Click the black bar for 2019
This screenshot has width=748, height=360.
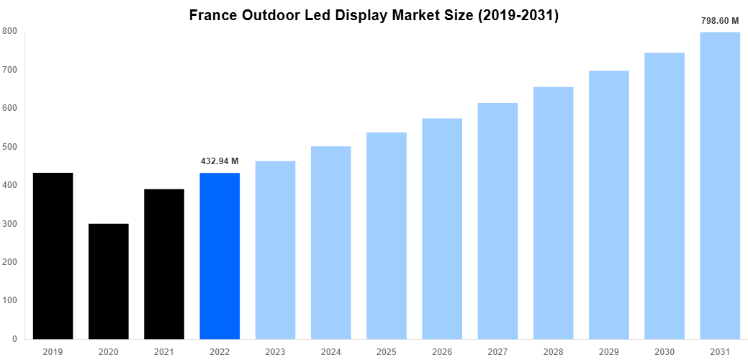(53, 256)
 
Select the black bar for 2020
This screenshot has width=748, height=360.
(108, 281)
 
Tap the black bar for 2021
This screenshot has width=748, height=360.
(163, 264)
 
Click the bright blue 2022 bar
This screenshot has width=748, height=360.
(220, 256)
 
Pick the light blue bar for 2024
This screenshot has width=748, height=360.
(330, 242)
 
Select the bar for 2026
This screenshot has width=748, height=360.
(441, 228)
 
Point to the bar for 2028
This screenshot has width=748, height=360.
(553, 212)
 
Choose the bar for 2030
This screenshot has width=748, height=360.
(664, 195)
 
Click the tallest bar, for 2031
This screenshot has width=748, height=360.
(719, 185)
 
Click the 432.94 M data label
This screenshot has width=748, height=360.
(220, 161)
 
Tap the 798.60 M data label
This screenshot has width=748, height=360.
(720, 21)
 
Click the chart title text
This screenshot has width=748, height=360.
(374, 15)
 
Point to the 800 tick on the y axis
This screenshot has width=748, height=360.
(10, 31)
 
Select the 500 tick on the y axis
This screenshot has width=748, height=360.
(10, 147)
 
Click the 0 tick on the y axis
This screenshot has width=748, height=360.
(14, 339)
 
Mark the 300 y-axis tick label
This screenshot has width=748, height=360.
(10, 224)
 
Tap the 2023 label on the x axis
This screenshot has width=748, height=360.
(275, 351)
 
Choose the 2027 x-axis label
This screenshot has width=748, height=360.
(497, 351)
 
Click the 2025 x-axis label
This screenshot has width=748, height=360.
(386, 351)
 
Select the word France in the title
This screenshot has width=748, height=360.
(215, 15)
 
